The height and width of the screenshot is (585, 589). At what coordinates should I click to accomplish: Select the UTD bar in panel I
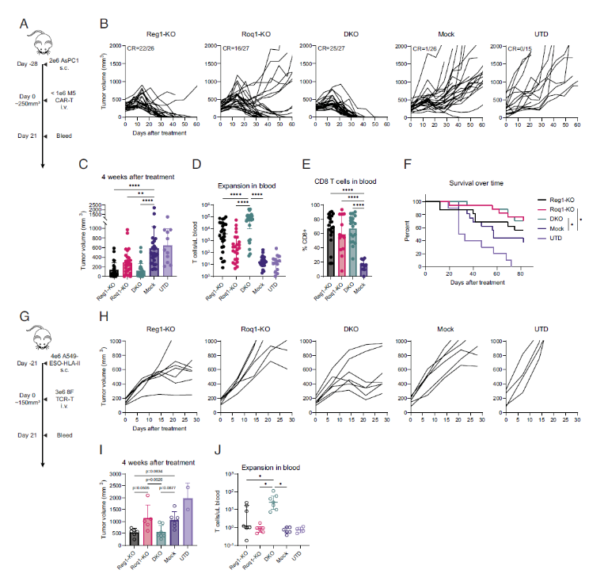pos(188,521)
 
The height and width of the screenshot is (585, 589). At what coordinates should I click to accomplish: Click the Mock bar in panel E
pos(363,266)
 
